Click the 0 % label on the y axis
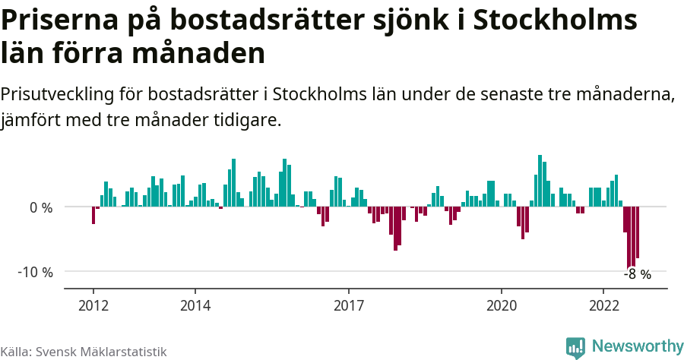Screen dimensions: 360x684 tap(41, 207)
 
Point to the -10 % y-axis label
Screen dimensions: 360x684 tap(35, 272)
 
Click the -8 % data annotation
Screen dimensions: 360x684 tap(637, 275)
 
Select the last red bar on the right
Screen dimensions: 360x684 tap(638, 232)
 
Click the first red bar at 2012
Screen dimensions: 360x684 tap(93, 215)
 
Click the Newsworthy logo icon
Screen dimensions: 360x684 tap(575, 347)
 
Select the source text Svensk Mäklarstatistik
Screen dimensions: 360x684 tap(101, 352)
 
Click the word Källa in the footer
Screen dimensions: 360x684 tap(14, 352)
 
